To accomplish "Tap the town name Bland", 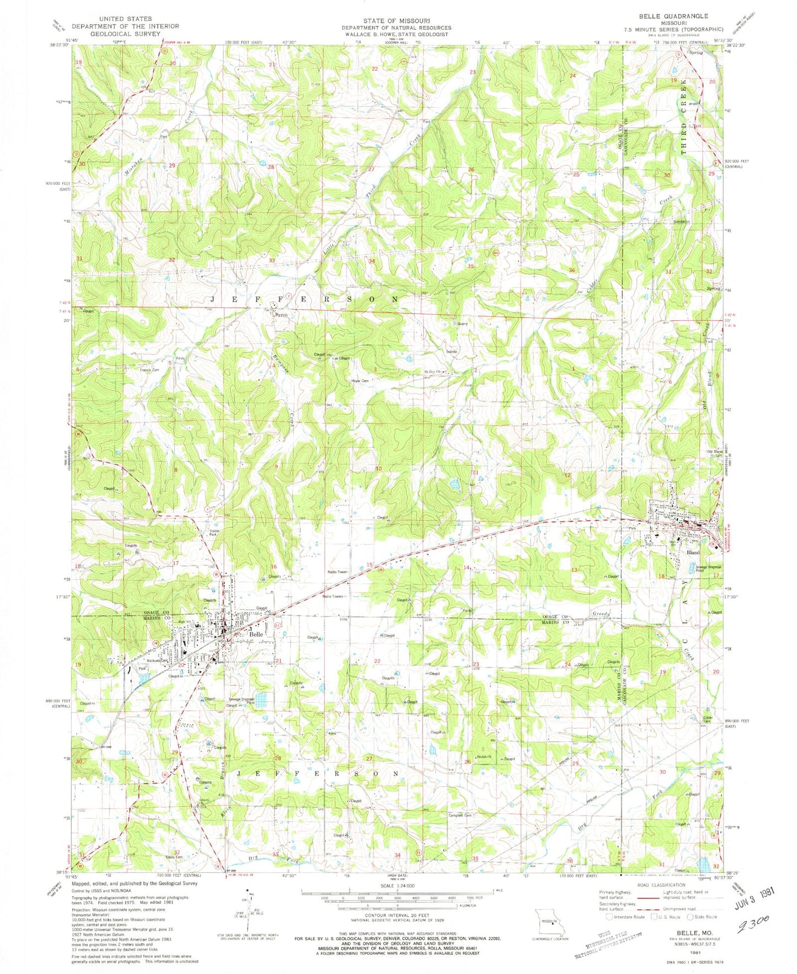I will (x=693, y=552).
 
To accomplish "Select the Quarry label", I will (x=462, y=324).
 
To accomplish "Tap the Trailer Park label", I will (x=215, y=534).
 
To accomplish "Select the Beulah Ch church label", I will (x=484, y=756).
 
